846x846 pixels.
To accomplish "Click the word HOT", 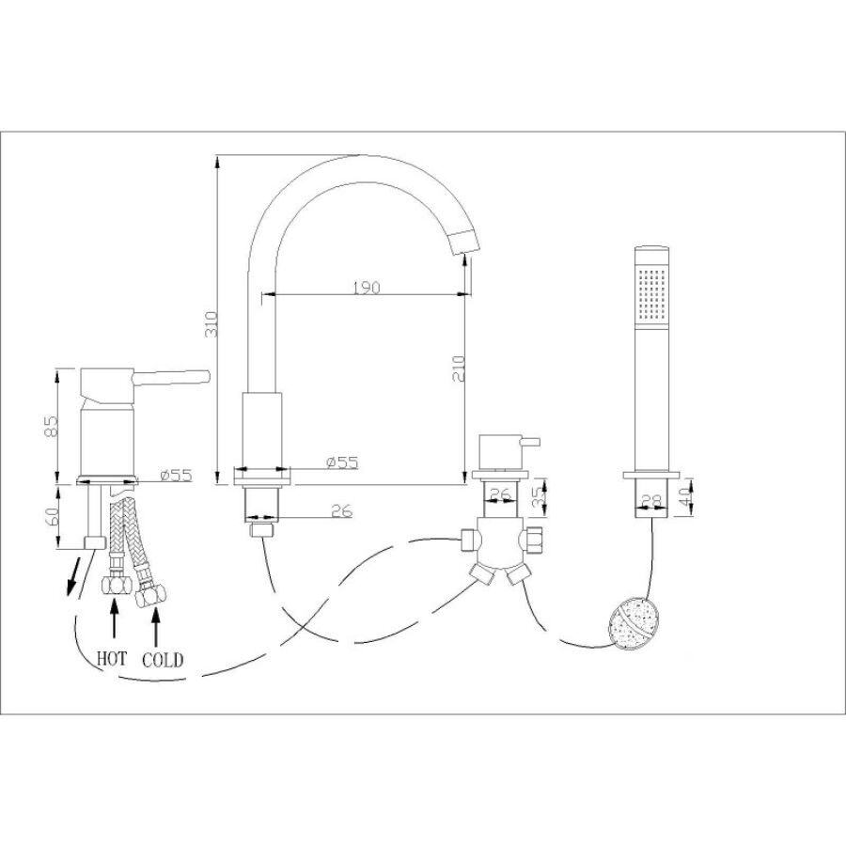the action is point(112,659).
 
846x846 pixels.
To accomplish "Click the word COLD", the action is point(163,660).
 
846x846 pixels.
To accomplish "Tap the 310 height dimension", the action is point(212,324).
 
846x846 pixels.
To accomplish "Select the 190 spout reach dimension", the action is point(367,288).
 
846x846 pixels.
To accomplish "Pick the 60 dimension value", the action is point(50,516).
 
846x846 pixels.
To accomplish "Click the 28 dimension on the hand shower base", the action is point(652,501).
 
